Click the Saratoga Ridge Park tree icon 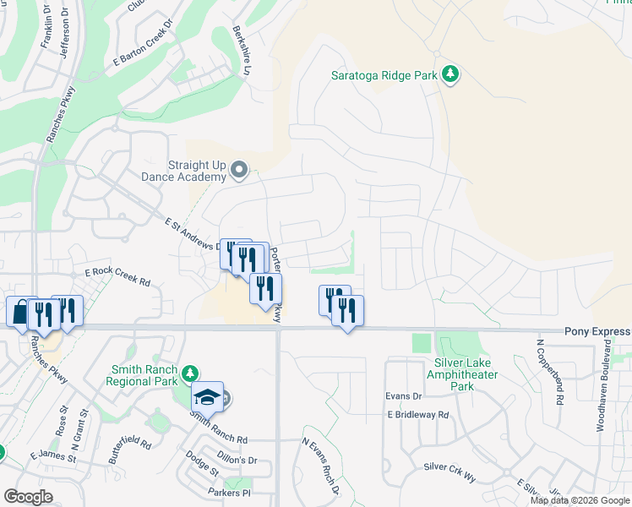tap(451, 75)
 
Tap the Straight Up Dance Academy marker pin tap(239, 172)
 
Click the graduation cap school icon tap(207, 396)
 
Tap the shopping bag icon tap(20, 313)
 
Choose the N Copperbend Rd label tap(558, 372)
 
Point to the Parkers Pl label tap(229, 492)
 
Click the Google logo tap(28, 497)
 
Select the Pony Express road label tap(597, 332)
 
